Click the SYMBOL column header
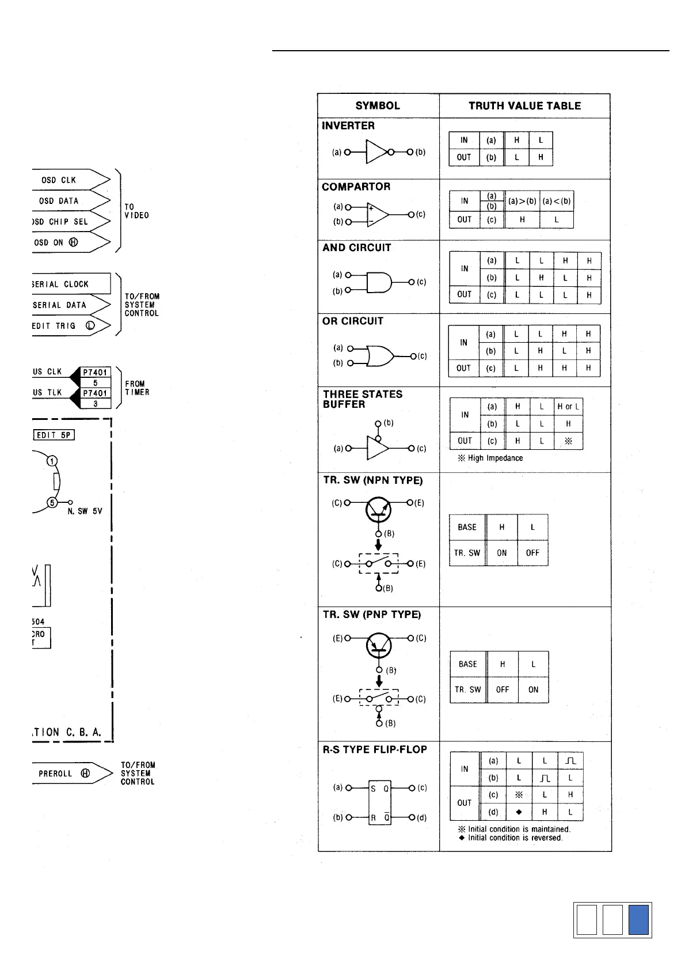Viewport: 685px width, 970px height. click(378, 105)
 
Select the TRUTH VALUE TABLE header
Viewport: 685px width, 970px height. click(524, 105)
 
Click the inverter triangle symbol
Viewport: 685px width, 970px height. click(377, 152)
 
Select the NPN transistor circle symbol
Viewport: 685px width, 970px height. click(378, 509)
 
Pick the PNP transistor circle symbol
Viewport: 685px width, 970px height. click(379, 645)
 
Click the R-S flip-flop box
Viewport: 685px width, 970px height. click(380, 802)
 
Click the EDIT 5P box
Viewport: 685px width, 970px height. click(54, 435)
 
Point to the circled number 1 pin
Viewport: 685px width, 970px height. click(52, 461)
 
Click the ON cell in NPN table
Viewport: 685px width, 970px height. click(502, 553)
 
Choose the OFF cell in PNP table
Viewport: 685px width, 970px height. click(503, 689)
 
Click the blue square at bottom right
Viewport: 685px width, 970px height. click(638, 919)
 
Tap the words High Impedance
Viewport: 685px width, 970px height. click(495, 458)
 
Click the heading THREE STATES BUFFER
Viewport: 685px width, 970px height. click(363, 399)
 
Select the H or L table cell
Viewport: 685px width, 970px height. click(568, 407)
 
